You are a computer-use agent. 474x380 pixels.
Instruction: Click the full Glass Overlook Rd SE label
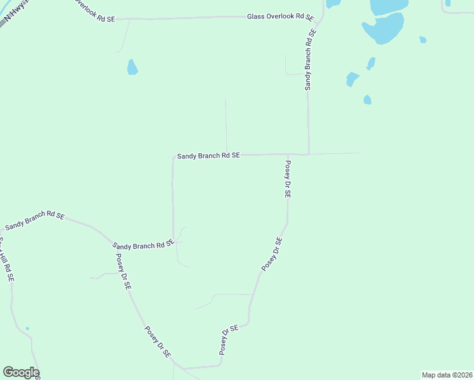pos(280,16)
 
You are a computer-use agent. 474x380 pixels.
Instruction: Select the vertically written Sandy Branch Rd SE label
pos(308,58)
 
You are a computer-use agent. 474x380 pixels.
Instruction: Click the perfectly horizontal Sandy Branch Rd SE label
pos(208,155)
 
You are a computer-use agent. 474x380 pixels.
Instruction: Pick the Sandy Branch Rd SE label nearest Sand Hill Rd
pos(35,220)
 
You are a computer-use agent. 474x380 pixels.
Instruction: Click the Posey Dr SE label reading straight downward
pos(287,180)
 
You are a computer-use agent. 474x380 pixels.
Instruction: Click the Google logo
pos(21,372)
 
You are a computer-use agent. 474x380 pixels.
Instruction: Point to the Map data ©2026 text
pos(447,375)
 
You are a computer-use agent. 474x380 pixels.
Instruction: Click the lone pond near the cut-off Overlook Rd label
pos(132,66)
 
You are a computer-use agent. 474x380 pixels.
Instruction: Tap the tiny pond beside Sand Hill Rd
pos(27,328)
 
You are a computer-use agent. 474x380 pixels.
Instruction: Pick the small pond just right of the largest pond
pos(423,39)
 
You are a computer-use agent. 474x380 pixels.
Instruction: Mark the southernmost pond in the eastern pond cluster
pos(367,99)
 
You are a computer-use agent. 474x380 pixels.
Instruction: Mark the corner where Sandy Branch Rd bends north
pos(309,153)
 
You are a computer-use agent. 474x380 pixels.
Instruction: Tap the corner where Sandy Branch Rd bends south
pos(173,156)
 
